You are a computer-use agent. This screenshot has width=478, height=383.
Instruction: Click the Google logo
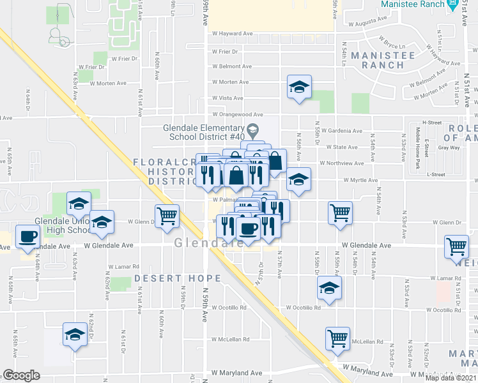tap(21, 375)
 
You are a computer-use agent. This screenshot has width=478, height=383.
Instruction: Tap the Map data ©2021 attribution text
tap(450, 378)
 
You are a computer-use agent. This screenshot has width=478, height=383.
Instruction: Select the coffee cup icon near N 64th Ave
tap(27, 237)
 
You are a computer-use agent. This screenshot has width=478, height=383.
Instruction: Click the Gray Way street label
tap(449, 147)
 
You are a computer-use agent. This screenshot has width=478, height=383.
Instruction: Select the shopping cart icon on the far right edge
tap(457, 246)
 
